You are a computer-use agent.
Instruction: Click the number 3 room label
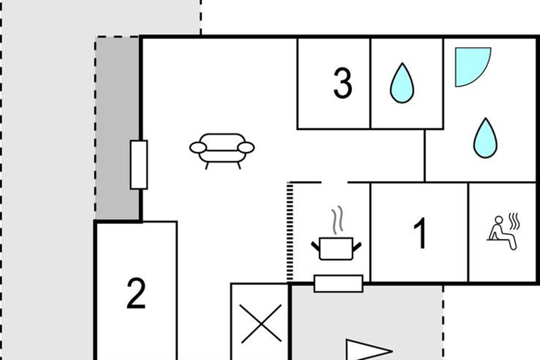(342, 83)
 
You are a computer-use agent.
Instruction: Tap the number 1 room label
(420, 233)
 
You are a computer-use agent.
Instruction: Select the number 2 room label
(136, 293)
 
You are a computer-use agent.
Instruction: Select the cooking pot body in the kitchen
(336, 249)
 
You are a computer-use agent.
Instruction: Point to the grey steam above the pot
(337, 220)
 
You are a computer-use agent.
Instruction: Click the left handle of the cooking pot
(315, 246)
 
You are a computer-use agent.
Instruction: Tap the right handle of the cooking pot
(357, 247)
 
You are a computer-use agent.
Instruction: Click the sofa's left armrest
(198, 148)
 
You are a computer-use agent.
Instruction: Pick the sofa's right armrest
(246, 148)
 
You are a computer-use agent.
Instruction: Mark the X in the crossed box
(261, 324)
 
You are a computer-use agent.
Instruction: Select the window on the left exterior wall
(139, 165)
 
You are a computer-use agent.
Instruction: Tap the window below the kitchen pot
(338, 283)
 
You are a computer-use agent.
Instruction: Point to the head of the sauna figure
(499, 220)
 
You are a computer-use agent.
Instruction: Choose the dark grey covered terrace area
(117, 128)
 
